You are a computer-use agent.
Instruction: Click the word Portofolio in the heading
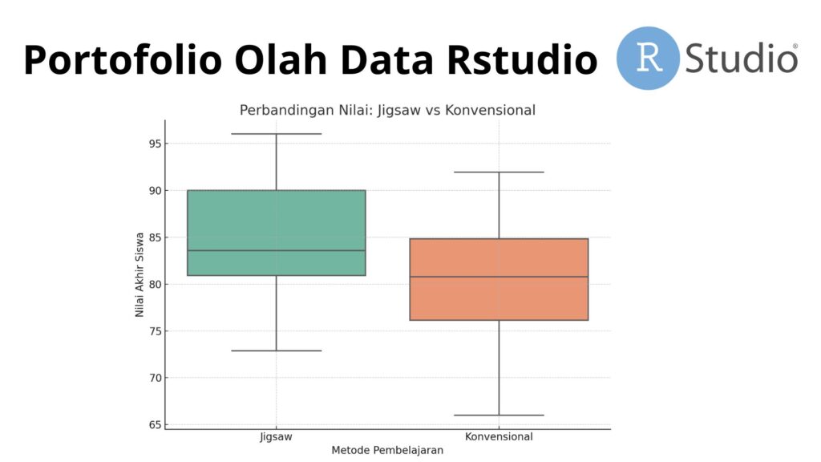tap(123, 60)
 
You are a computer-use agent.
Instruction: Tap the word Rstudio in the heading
tap(522, 59)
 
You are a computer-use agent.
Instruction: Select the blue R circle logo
tap(648, 58)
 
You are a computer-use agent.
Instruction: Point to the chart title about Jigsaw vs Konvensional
tap(387, 110)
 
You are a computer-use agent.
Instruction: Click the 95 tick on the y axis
tap(155, 144)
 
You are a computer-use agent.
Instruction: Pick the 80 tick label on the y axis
tap(155, 285)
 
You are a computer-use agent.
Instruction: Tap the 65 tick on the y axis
tap(155, 425)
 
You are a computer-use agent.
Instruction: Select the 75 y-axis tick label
tap(155, 331)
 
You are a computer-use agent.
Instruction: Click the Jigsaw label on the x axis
tap(276, 437)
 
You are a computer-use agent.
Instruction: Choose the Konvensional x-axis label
tap(499, 436)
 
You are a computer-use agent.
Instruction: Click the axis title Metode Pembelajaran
tap(387, 450)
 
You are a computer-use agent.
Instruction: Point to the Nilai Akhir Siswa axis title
tap(140, 274)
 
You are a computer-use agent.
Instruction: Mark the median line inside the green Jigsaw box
tap(277, 250)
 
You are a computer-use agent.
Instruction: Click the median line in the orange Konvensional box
tap(499, 277)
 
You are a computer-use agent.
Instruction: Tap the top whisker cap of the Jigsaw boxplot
tap(277, 134)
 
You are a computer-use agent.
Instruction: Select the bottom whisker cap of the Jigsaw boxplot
tap(277, 351)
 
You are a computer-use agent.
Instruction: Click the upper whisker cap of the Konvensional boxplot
tap(499, 172)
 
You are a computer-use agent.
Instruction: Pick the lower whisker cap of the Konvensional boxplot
tap(499, 415)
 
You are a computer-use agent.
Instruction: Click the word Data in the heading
tap(387, 59)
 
